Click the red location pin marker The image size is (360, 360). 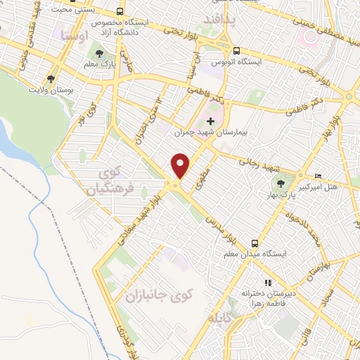pos(181,165)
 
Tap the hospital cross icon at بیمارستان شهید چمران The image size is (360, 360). pos(210,122)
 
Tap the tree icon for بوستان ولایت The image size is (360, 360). pos(50,79)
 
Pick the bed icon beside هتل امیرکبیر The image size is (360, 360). pos(318,176)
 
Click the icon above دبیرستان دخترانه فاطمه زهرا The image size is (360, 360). pos(267,283)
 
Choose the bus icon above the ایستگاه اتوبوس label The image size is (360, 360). pos(236,51)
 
